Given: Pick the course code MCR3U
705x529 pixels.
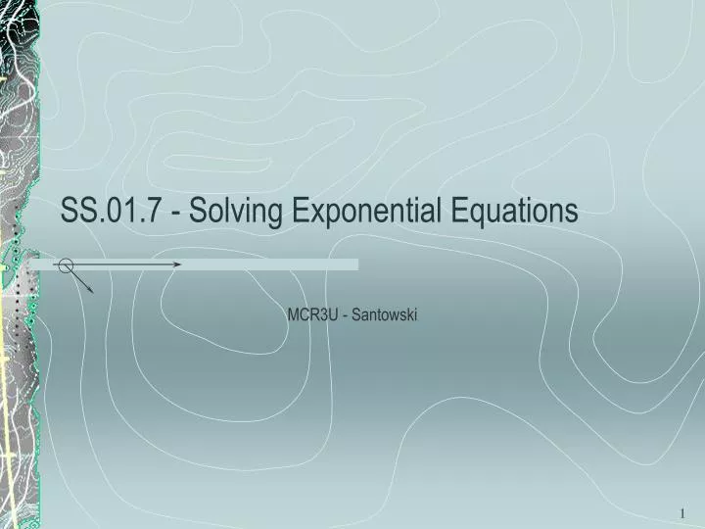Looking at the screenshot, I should point(309,315).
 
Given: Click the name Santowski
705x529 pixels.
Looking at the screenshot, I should point(386,315).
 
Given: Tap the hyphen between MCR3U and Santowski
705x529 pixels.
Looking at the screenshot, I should point(345,316).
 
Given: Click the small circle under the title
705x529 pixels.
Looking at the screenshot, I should point(66,264).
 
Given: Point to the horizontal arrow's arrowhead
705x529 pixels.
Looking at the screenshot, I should point(177,264).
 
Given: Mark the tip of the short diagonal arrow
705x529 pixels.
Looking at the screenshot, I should point(92,292).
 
